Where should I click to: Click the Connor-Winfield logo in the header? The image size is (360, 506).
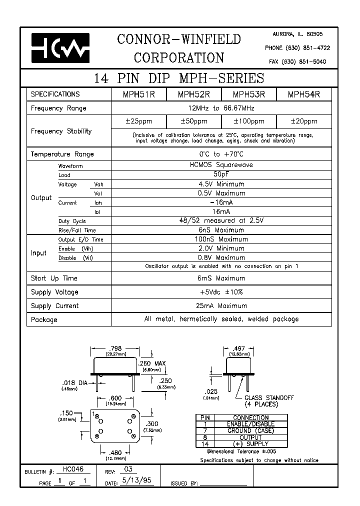click(x=60, y=48)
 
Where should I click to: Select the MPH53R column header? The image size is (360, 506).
click(x=248, y=94)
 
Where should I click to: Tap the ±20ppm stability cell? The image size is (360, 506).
click(x=304, y=121)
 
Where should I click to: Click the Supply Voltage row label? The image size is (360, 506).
click(x=54, y=292)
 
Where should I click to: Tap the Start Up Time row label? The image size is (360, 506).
click(x=54, y=278)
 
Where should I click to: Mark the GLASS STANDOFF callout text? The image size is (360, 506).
click(x=268, y=398)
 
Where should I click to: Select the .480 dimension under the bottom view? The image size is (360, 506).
click(x=115, y=453)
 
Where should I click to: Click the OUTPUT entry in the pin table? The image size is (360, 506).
click(x=251, y=437)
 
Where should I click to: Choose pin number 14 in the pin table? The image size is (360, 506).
click(x=205, y=444)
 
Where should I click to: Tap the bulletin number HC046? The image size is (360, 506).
click(x=73, y=470)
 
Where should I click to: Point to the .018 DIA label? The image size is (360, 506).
click(x=72, y=383)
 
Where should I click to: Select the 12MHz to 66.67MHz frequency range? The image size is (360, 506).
click(x=222, y=108)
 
